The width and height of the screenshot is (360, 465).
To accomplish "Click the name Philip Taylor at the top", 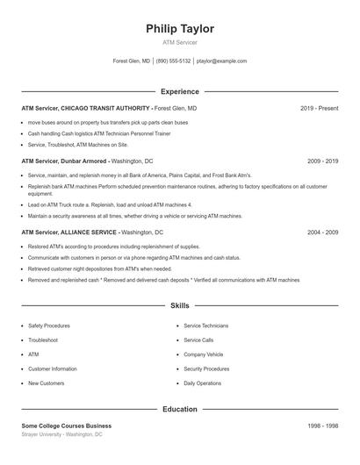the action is point(180,29).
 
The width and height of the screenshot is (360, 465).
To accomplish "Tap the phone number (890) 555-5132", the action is point(174,61).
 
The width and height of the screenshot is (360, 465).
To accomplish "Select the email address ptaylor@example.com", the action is point(221,61).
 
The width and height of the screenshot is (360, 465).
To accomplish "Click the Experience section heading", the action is point(180,91).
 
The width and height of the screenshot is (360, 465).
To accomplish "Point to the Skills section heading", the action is point(180,305).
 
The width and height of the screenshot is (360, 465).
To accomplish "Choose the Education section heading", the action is point(180,409).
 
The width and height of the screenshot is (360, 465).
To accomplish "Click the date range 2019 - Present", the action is point(319,108).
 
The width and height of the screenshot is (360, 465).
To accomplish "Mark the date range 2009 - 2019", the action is point(322,161).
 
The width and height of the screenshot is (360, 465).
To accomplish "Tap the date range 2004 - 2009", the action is point(322,232).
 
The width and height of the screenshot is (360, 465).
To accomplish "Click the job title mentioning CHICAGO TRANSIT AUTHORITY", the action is point(109,108).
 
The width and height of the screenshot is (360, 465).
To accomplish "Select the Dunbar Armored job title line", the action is point(87,161).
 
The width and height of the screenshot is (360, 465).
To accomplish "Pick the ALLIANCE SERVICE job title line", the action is point(92,232).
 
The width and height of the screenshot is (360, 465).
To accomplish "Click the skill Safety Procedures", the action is point(49,325).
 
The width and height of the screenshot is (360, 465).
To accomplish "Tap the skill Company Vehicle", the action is point(204,354).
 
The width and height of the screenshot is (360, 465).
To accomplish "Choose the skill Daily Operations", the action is point(203,383).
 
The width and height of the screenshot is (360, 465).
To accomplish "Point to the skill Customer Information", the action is point(53,368).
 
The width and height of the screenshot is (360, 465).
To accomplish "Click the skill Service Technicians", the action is point(206,325).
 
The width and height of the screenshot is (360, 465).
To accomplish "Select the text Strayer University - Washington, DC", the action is point(62,434).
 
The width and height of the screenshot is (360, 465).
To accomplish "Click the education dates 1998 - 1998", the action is point(322,426).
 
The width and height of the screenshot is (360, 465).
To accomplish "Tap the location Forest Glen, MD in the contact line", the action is point(132,61).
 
